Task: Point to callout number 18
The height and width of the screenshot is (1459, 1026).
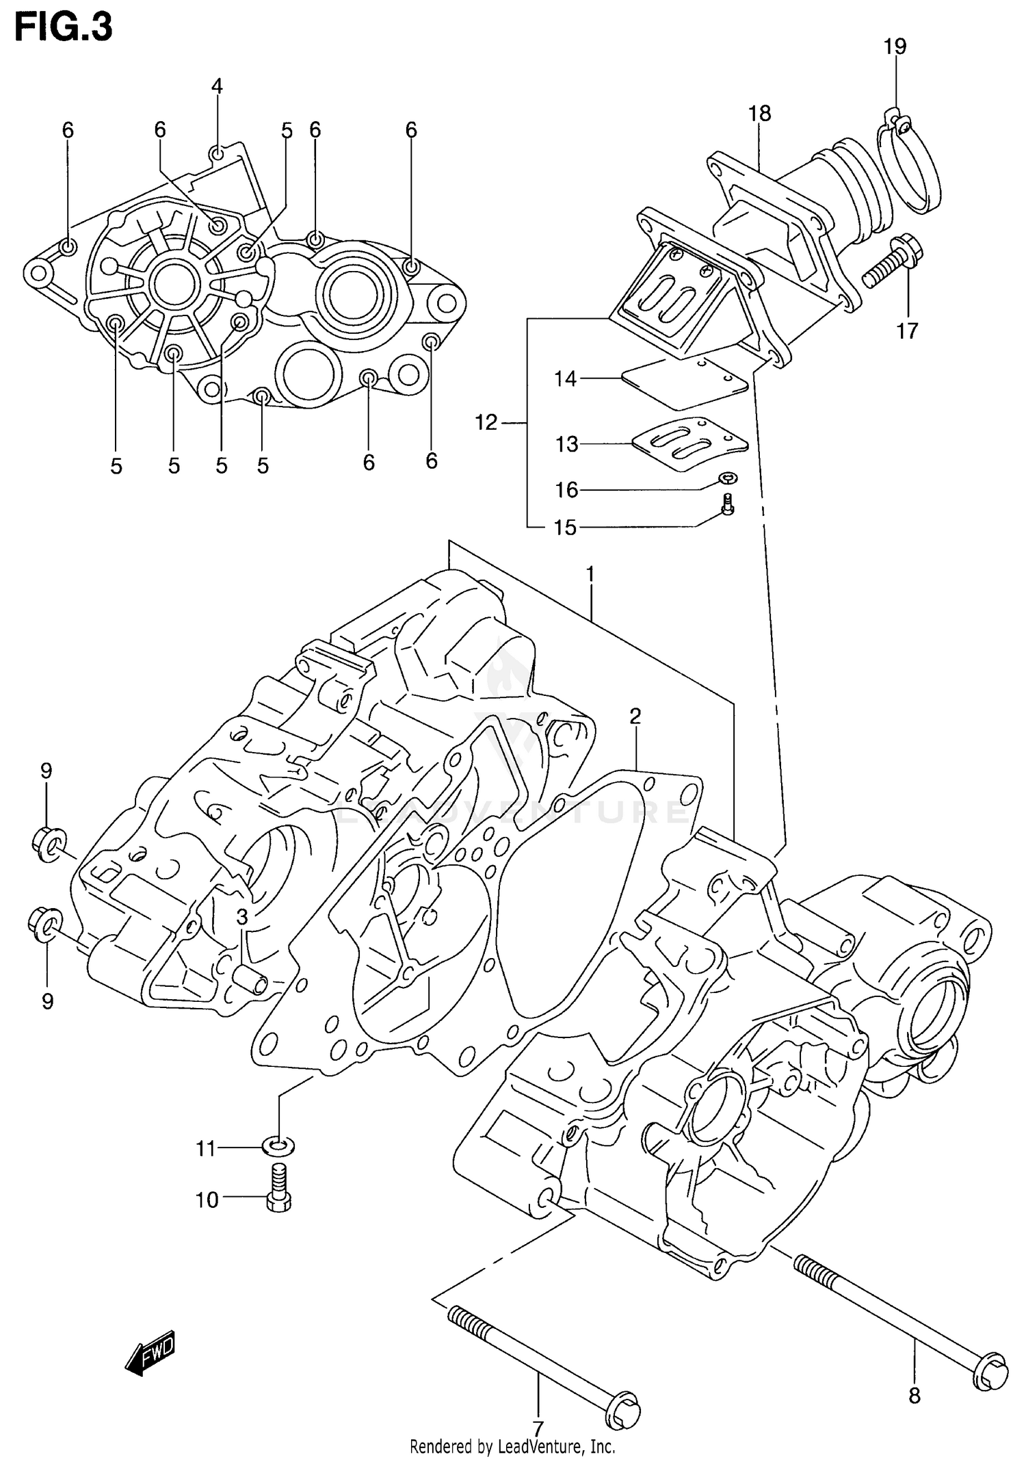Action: click(x=759, y=114)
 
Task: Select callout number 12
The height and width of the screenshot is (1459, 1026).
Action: click(x=486, y=423)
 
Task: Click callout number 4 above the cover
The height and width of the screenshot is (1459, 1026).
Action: click(x=217, y=86)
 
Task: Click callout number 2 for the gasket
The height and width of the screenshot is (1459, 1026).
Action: click(x=635, y=716)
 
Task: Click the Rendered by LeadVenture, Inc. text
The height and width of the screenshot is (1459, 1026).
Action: click(x=512, y=1446)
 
